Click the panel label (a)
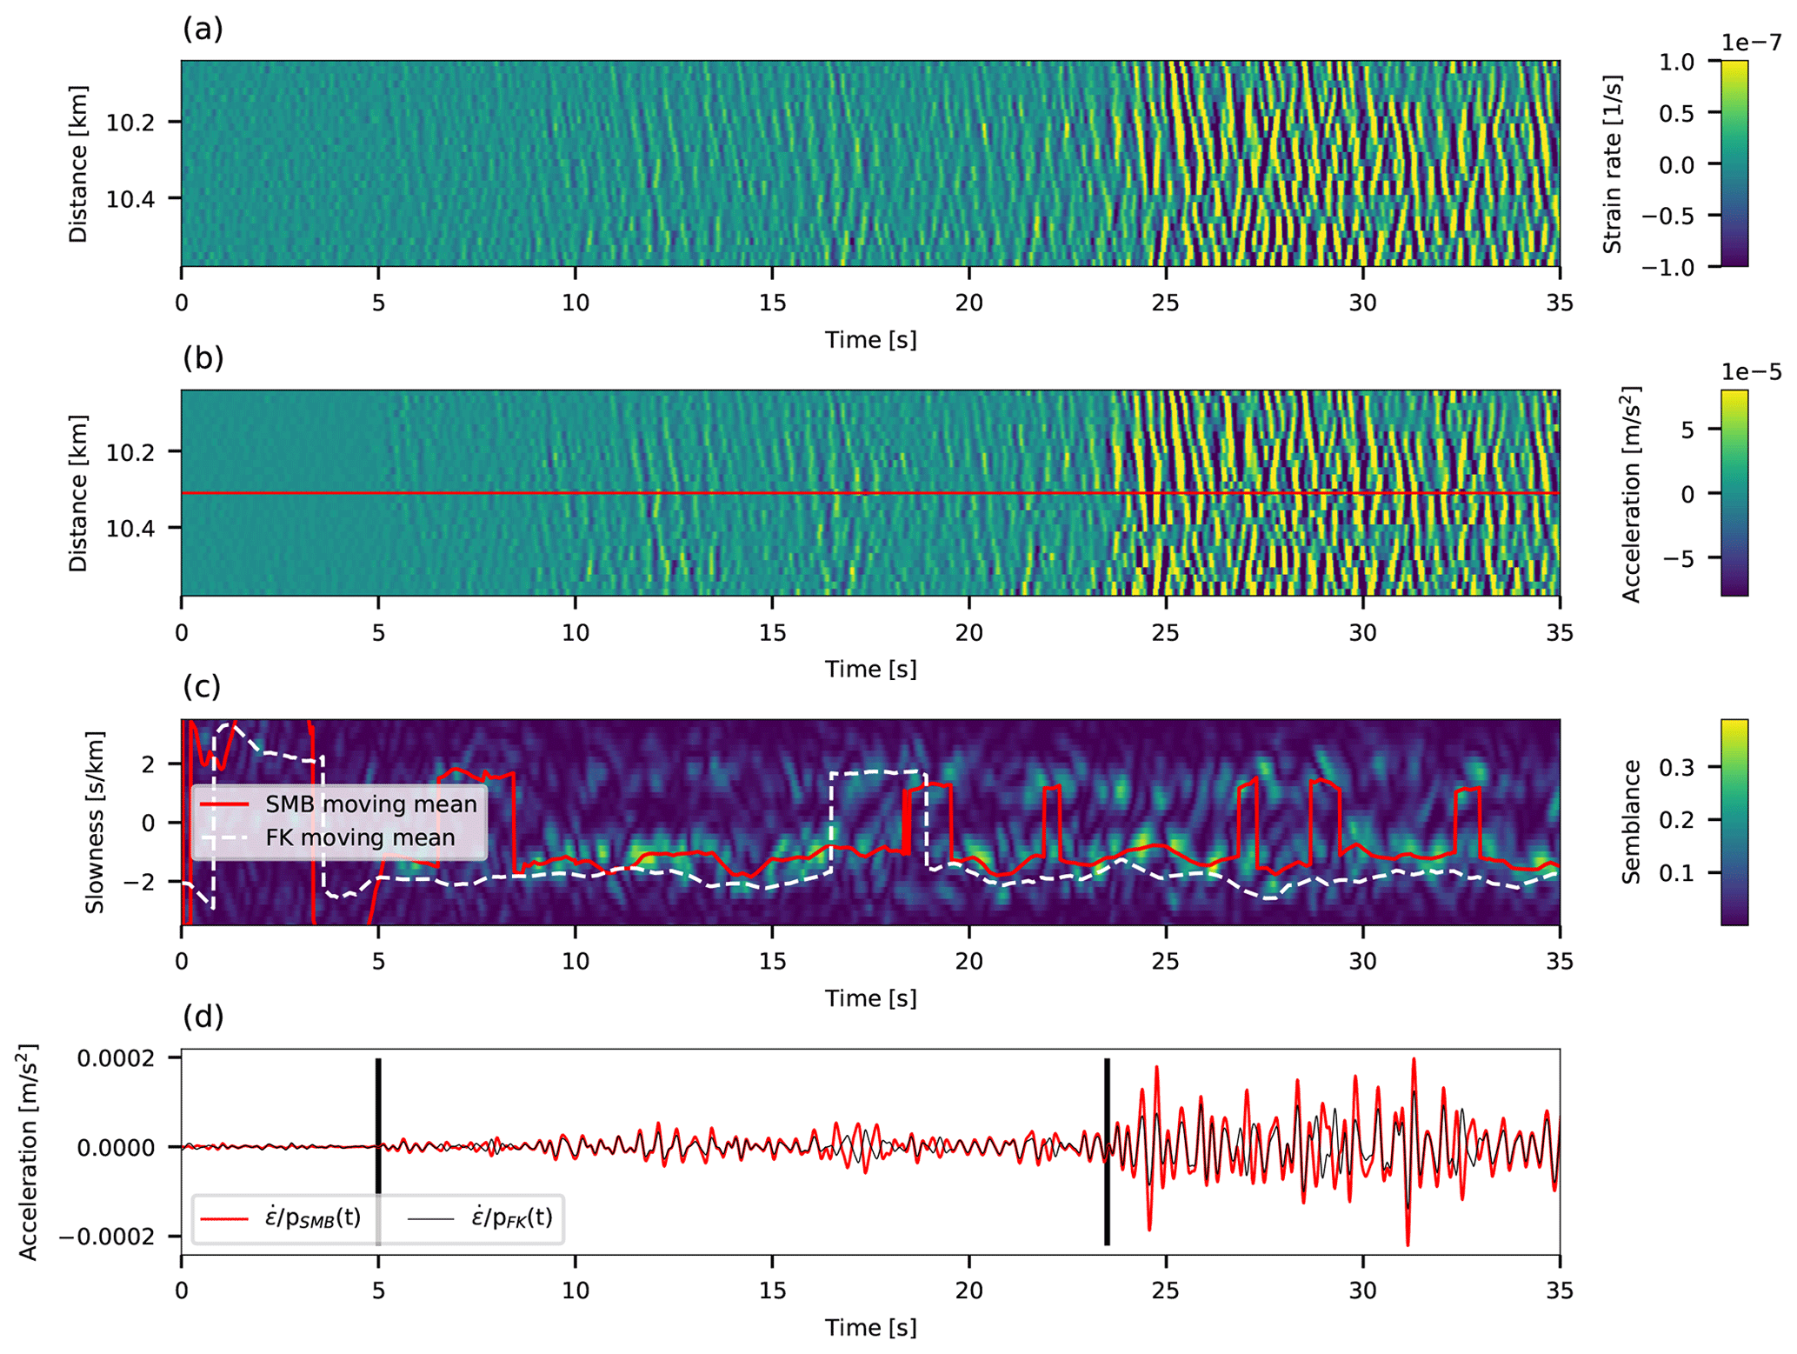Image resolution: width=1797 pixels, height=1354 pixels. point(203,30)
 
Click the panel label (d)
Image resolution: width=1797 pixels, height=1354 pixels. point(203,1016)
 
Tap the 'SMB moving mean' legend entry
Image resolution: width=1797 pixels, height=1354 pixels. point(370,804)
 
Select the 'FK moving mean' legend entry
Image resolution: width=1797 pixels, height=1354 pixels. point(359,837)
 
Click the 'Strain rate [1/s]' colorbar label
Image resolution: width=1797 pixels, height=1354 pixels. point(1613,163)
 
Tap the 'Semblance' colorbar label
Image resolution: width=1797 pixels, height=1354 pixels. point(1631,822)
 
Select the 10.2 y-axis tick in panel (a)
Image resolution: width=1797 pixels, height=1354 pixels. point(130,123)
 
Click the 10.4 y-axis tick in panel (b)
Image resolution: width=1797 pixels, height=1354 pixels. point(130,528)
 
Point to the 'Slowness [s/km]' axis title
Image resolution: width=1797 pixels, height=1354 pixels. point(95,822)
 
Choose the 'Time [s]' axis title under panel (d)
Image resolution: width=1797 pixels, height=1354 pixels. point(870,1328)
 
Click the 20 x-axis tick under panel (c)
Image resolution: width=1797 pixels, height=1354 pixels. point(968,961)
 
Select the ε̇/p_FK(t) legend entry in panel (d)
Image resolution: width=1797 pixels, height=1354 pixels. point(511,1217)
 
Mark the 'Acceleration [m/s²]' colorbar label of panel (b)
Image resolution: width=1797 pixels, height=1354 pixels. point(1631,493)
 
